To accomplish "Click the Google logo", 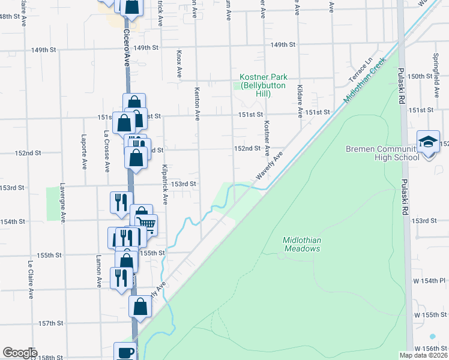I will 20,353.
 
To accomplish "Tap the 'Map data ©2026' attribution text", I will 423,355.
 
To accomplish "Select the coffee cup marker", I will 125,352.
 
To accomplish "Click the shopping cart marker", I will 147,225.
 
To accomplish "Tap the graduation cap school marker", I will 428,142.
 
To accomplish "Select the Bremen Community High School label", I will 382,153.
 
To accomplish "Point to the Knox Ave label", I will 179,64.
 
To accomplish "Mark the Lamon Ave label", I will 98,271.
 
